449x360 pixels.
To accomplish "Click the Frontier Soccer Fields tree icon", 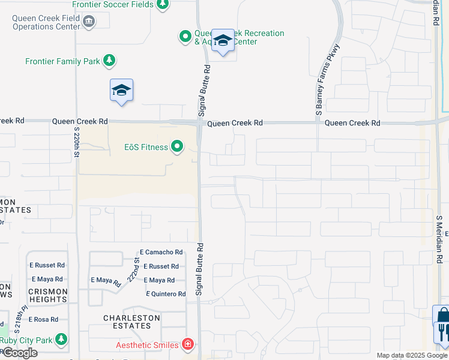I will coord(162,5).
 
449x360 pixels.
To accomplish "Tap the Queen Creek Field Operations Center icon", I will coord(89,22).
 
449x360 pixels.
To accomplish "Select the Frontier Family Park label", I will coord(62,61).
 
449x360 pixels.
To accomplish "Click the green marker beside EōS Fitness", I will coord(177,146).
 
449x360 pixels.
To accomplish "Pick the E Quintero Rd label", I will coord(166,294).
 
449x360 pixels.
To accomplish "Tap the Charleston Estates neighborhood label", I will coord(131,322).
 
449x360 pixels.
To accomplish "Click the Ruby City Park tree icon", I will coord(61,340).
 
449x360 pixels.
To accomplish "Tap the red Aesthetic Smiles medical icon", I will coord(188,344).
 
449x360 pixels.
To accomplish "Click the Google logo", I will coord(19,353).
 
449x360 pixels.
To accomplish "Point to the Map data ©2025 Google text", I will coord(412,355).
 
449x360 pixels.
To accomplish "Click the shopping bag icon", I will coord(443,316).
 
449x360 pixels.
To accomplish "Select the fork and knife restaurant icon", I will coord(443,332).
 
